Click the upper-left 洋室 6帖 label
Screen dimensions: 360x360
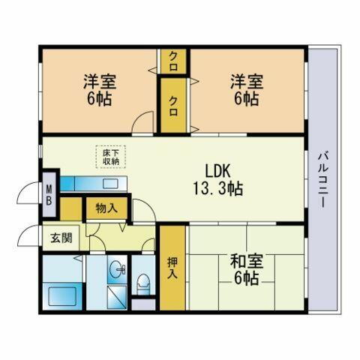pos(99,90)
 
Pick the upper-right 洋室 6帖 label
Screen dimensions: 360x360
pos(245,90)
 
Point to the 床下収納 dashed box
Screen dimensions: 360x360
pos(110,156)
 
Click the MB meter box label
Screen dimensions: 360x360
pos(49,196)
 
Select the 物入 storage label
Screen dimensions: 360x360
pos(106,208)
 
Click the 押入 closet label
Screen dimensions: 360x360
pos(172,268)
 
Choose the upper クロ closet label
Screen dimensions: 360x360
pos(173,58)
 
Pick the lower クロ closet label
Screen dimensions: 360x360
pos(173,103)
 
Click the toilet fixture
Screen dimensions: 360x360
pos(142,283)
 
